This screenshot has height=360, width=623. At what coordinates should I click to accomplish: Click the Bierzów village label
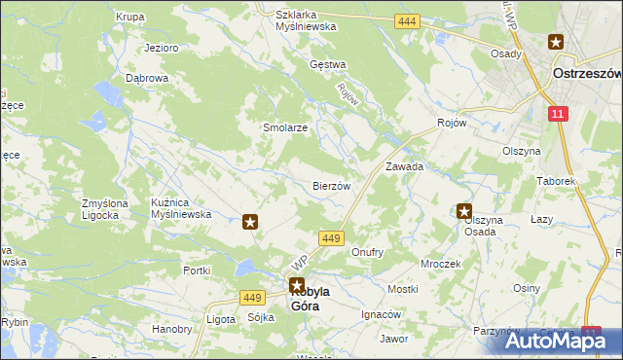coord(331,185)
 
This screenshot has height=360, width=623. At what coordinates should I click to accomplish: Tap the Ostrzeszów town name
coord(586,73)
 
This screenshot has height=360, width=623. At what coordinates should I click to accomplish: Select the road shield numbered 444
coord(407,20)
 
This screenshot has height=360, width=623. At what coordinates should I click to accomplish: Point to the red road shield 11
coord(556,115)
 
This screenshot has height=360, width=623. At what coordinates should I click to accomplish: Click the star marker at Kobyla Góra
coord(296,285)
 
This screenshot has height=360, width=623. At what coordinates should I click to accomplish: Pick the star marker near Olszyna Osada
coord(464,210)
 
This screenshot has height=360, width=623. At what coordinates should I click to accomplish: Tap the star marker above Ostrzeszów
coord(555,42)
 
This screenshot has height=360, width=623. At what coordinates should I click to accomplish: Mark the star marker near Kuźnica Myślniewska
coord(250,222)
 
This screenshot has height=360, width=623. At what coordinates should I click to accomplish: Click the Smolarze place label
coord(285,127)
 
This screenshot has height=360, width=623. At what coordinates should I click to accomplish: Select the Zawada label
coord(404,166)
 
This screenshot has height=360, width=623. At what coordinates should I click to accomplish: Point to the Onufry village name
coord(367,252)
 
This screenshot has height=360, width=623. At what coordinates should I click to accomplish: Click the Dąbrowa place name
coord(147,78)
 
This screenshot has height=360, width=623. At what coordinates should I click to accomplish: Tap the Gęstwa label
coord(327,65)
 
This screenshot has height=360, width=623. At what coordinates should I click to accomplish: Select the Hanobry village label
coord(171,329)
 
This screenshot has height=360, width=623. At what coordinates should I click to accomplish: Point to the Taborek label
coord(558,181)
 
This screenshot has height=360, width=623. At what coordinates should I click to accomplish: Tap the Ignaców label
coord(381,315)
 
